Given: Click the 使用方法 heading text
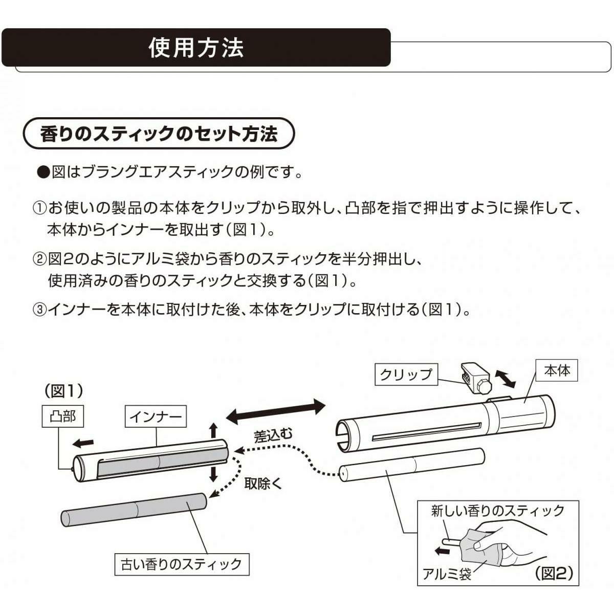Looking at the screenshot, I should [196, 48].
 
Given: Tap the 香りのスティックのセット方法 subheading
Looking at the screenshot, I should [159, 134].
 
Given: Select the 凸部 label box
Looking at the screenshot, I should [63, 416].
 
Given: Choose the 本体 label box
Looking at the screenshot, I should [557, 370].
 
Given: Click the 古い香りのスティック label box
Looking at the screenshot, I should [181, 564].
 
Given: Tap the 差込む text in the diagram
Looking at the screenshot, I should [273, 436].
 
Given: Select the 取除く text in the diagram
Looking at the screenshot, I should [263, 483].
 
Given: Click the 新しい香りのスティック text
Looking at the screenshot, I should [498, 510].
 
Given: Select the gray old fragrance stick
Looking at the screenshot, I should [133, 510].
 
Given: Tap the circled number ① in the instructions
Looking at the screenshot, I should [40, 209].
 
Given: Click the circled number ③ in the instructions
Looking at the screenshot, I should [40, 310].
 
